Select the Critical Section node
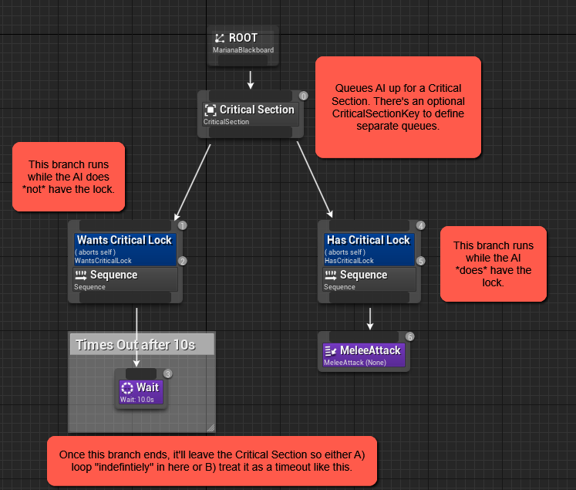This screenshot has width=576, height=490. pyautogui.click(x=249, y=114)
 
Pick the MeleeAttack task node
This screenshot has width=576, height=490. pyautogui.click(x=362, y=354)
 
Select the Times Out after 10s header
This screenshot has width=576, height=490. pyautogui.click(x=141, y=344)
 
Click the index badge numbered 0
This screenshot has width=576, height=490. pyautogui.click(x=304, y=96)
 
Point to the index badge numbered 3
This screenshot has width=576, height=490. pyautogui.click(x=168, y=373)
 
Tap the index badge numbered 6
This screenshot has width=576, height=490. pyautogui.click(x=409, y=336)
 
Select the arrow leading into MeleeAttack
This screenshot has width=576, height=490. pyautogui.click(x=370, y=318)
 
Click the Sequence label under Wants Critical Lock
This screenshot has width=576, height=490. pyautogui.click(x=113, y=275)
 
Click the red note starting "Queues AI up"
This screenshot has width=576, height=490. pyautogui.click(x=398, y=106)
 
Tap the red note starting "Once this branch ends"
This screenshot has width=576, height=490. pyautogui.click(x=211, y=461)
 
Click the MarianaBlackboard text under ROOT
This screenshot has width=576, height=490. pyautogui.click(x=243, y=51)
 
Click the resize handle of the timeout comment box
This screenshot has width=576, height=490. pyautogui.click(x=210, y=427)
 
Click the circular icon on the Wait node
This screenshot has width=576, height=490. pyautogui.click(x=127, y=388)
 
